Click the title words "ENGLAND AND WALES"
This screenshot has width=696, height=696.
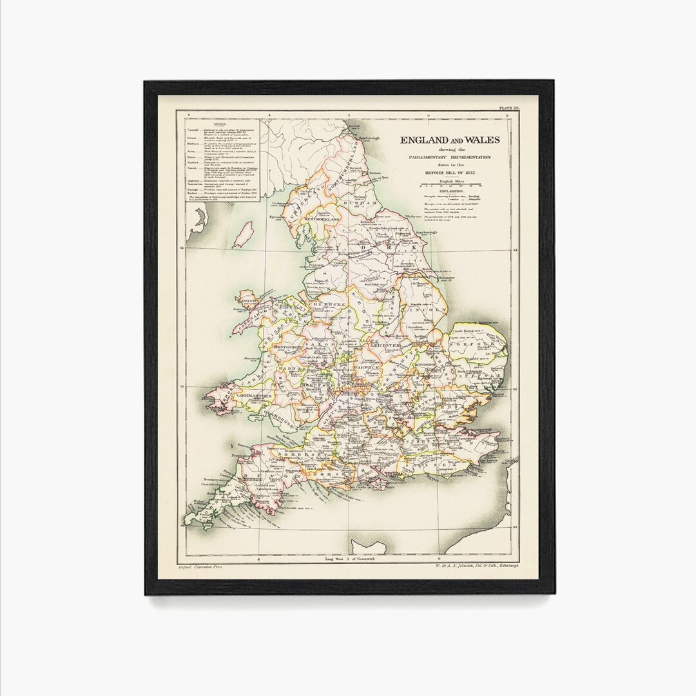[450, 140]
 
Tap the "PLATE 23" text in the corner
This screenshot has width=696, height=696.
[507, 108]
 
